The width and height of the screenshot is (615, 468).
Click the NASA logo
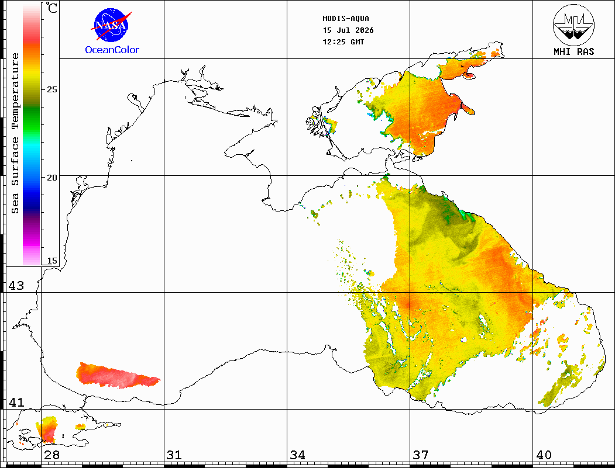pyautogui.click(x=112, y=25)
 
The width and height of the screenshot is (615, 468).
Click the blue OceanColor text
pyautogui.click(x=112, y=50)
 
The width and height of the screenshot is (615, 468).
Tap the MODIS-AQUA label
pyautogui.click(x=346, y=19)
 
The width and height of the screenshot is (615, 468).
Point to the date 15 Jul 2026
pyautogui.click(x=348, y=30)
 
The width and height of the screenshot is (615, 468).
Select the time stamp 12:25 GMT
pyautogui.click(x=343, y=42)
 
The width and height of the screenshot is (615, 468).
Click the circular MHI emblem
pyautogui.click(x=573, y=25)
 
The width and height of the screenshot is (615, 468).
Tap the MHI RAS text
pyautogui.click(x=573, y=51)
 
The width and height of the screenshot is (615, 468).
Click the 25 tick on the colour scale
pyautogui.click(x=51, y=89)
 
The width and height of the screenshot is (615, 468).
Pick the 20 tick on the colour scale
pyautogui.click(x=51, y=178)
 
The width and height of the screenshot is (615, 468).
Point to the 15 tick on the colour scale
pyautogui.click(x=51, y=261)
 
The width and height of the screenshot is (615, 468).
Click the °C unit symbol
pyautogui.click(x=51, y=8)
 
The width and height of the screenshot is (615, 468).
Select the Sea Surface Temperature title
pyautogui.click(x=15, y=133)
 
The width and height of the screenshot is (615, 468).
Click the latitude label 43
pyautogui.click(x=16, y=286)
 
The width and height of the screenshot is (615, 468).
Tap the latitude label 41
pyautogui.click(x=16, y=402)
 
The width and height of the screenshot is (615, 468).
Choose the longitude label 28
pyautogui.click(x=51, y=455)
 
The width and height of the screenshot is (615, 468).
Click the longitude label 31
pyautogui.click(x=174, y=455)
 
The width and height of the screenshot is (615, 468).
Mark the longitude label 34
pyautogui.click(x=297, y=455)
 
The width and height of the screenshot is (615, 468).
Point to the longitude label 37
pyautogui.click(x=420, y=455)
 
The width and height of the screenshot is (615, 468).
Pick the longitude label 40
pyautogui.click(x=543, y=455)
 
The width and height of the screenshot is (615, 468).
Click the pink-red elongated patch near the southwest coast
pyautogui.click(x=117, y=376)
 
